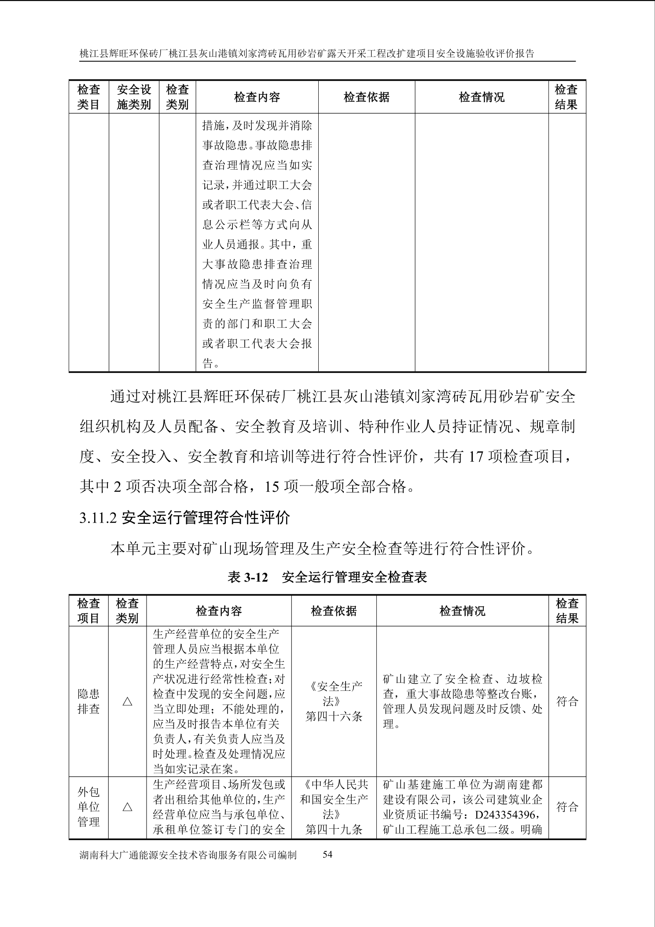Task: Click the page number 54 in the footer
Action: pos(327,867)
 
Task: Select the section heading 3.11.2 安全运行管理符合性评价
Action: pos(184,517)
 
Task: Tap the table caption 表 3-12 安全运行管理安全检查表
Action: pos(327,577)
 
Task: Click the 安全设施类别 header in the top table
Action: pos(134,97)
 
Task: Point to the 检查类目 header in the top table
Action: pos(88,97)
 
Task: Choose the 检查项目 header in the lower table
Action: pos(88,611)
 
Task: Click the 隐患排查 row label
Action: pos(88,701)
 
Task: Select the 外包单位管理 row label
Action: pos(88,807)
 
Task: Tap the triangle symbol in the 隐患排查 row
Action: pos(127,701)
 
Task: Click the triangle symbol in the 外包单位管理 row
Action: pos(127,807)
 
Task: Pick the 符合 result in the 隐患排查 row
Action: pos(567,701)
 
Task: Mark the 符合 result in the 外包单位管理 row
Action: pos(567,807)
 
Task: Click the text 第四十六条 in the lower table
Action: pos(334,716)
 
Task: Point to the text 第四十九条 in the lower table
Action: pos(334,830)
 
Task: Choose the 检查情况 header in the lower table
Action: pos(462,611)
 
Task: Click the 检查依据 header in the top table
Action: pos(366,97)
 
